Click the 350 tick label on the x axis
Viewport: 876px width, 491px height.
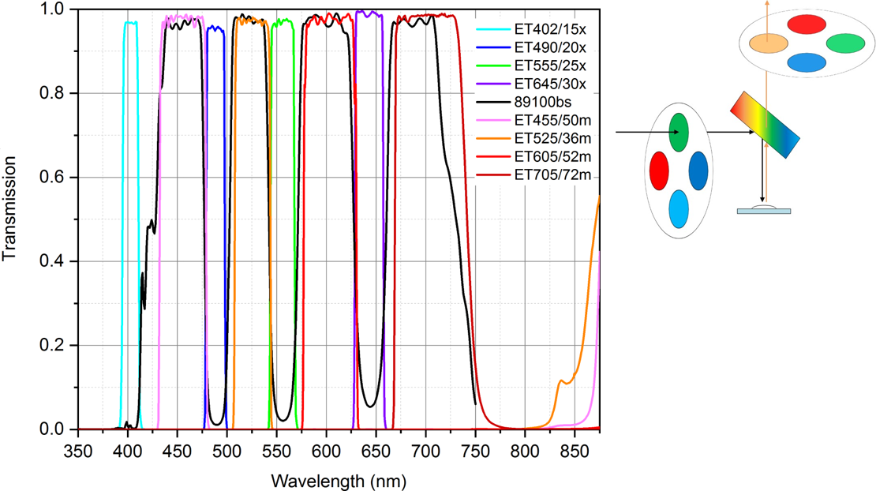click(x=77, y=447)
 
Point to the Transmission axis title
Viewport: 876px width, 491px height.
click(x=10, y=209)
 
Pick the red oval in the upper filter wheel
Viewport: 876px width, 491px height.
click(x=806, y=24)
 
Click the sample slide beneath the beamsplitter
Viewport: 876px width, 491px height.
click(x=763, y=210)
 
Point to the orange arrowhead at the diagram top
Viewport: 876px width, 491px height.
click(x=762, y=3)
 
